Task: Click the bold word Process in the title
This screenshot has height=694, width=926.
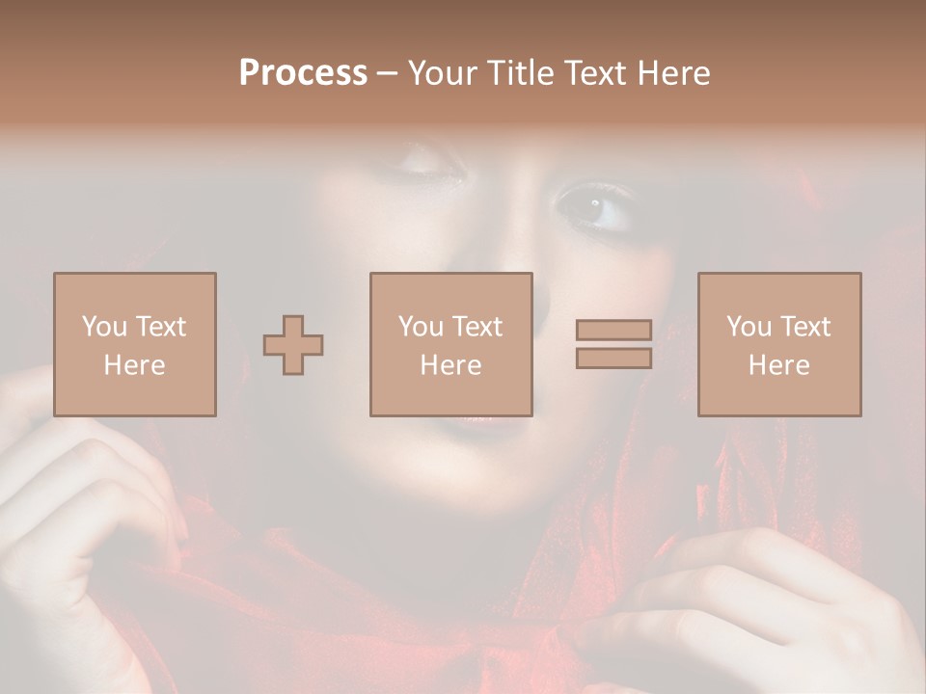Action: pyautogui.click(x=303, y=73)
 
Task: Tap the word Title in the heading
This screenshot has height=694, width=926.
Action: pyautogui.click(x=517, y=73)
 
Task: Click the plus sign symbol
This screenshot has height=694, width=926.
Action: pyautogui.click(x=293, y=345)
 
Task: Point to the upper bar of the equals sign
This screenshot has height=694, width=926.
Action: pyautogui.click(x=613, y=330)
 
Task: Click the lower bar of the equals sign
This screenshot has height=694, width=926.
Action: pyautogui.click(x=613, y=359)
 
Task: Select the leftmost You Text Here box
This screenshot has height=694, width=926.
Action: pyautogui.click(x=135, y=345)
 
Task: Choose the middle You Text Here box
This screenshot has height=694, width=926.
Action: pyautogui.click(x=451, y=345)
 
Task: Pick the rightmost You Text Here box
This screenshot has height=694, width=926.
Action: pyautogui.click(x=779, y=345)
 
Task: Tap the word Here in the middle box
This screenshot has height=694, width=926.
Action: pyautogui.click(x=451, y=365)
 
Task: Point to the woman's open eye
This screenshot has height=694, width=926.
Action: pyautogui.click(x=592, y=205)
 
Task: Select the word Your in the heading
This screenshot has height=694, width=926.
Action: pyautogui.click(x=441, y=73)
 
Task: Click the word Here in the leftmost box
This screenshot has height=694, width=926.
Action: pyautogui.click(x=135, y=365)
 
